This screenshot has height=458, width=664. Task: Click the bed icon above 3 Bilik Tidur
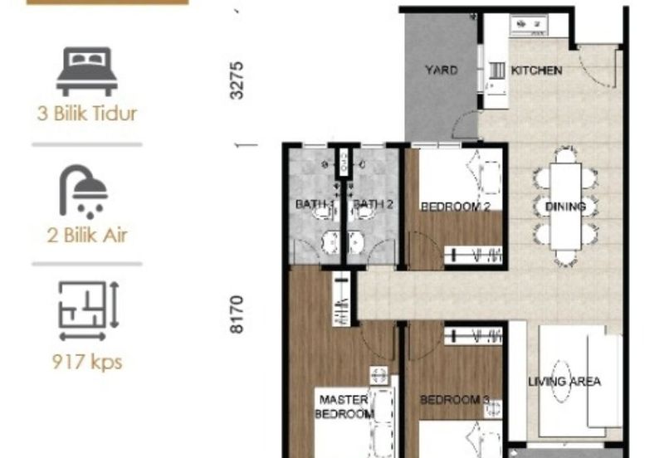point(87,71)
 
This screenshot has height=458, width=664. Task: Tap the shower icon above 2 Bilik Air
point(84,192)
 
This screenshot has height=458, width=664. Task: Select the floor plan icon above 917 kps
point(89,310)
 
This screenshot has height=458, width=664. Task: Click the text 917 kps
point(87,363)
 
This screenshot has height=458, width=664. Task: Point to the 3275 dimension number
point(237,80)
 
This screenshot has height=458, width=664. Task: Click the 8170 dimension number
point(237,314)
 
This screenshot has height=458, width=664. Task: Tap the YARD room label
point(442,70)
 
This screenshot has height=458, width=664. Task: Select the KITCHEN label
point(536,71)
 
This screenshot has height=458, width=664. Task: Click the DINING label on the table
point(565,207)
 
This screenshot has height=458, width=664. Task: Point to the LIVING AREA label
point(564,382)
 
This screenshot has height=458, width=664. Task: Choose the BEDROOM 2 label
point(455,207)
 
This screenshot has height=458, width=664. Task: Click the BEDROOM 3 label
point(454,400)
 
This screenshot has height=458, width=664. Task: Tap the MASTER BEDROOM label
point(344,407)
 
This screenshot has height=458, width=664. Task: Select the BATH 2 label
point(373,204)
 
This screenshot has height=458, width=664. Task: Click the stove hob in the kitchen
point(530,25)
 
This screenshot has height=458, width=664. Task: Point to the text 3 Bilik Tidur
point(87,114)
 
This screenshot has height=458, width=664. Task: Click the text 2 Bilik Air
point(87,236)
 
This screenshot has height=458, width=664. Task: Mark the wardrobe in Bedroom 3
point(473,336)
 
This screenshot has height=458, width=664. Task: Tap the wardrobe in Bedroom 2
point(473,256)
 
